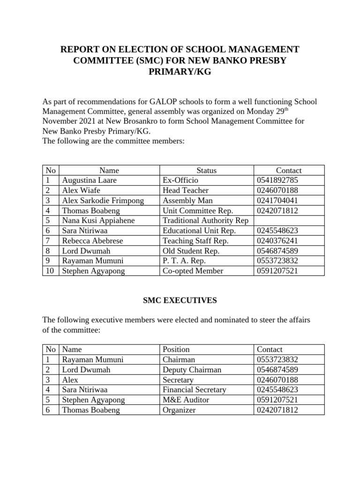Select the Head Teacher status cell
[186, 190]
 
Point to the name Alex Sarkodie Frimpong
[103, 201]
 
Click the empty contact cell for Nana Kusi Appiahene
[289, 221]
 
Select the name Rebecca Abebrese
[92, 241]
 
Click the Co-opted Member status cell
[193, 271]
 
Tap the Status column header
[206, 171]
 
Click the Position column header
[176, 349]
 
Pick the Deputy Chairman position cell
[192, 370]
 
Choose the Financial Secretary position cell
[194, 390]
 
